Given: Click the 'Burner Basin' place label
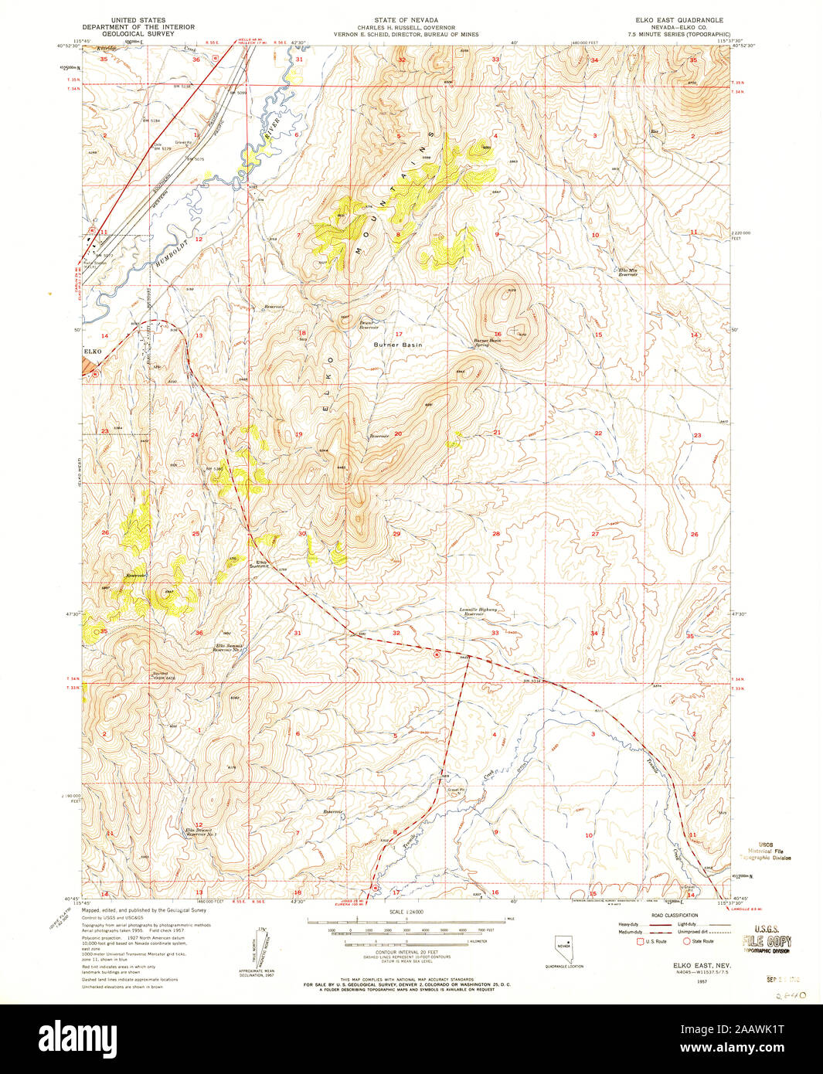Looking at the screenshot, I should pos(398,345).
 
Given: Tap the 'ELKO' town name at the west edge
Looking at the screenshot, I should pos(93,352).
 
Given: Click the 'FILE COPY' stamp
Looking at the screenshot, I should pos(766,941).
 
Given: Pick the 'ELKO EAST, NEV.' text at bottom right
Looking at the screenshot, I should pos(694,966).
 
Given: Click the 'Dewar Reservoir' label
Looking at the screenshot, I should pos(368,325).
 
